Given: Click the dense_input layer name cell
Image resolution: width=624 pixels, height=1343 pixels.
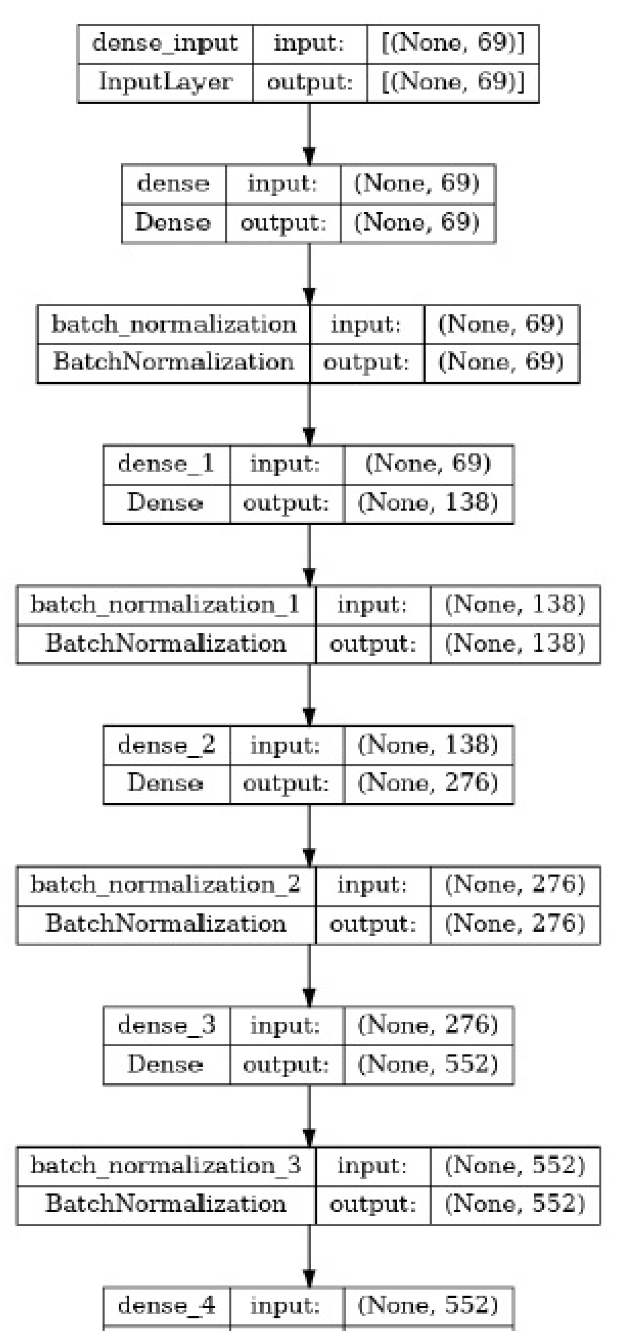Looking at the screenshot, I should pos(165,43).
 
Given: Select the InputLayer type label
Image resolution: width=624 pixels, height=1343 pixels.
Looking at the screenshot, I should pos(165,82).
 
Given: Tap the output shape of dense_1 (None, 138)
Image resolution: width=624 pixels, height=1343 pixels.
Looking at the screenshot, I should pos(428,502).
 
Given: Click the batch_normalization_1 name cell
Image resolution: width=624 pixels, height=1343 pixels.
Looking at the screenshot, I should pos(165,605).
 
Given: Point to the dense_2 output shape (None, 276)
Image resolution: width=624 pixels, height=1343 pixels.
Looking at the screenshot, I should pos(428,783).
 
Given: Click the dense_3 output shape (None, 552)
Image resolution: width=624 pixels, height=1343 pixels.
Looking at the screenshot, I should pos(428,1064).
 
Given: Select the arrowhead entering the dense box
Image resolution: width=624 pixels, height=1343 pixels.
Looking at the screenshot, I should pos(309,156).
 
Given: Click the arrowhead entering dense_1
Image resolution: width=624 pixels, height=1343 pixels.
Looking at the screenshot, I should pos(309,436).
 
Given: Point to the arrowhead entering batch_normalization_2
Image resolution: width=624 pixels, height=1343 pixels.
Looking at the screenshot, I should pos(309,857).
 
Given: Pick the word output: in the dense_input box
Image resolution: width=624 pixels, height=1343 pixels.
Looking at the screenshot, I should pos(310,82).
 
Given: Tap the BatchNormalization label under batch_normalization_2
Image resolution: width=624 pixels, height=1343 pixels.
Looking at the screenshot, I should pos(165,923).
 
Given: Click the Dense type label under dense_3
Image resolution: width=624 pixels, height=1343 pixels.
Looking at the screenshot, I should pos(165,1064).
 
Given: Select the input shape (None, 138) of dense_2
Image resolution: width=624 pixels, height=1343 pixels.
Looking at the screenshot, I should pos(428,745).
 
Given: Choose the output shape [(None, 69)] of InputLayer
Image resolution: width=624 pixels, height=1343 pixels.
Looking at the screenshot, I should pos(452,82).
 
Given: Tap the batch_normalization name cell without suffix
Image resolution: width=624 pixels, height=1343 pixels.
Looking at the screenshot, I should pos(173,324).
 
